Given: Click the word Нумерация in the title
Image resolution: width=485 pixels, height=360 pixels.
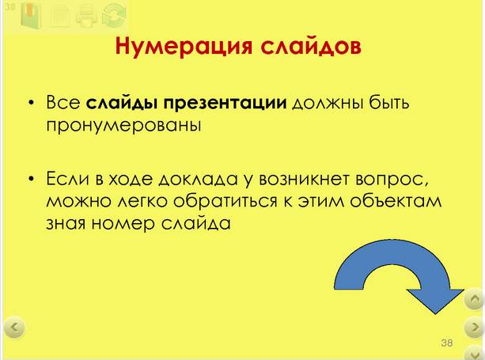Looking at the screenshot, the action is [184, 47].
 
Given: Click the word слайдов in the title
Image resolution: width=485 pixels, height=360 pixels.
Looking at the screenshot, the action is [311, 47].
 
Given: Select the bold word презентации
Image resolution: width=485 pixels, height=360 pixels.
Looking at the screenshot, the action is [225, 104].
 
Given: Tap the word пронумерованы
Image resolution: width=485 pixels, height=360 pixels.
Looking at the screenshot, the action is [123, 126].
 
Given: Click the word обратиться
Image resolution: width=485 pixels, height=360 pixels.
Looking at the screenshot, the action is [225, 202].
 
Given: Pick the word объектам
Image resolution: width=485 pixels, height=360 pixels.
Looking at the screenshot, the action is [396, 201].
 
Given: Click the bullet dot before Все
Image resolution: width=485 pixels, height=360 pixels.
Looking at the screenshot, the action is [31, 103].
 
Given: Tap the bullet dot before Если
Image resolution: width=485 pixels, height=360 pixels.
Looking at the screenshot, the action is [31, 179].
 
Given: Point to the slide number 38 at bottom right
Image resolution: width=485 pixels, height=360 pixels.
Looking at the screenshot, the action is [447, 343].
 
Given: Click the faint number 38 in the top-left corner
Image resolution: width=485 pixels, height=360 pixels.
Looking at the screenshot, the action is [9, 7].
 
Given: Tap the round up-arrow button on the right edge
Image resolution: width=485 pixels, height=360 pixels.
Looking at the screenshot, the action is [475, 299].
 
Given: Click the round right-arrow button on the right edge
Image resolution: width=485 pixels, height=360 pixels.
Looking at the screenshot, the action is [475, 328].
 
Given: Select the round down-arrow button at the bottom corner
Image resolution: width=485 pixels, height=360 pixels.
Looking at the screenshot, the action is [475, 352].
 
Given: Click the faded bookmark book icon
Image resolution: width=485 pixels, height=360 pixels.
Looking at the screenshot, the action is [31, 16].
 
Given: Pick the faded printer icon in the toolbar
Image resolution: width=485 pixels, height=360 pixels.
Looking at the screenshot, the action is [86, 16].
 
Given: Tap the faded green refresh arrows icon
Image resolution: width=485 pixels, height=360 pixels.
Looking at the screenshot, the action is [114, 16].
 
